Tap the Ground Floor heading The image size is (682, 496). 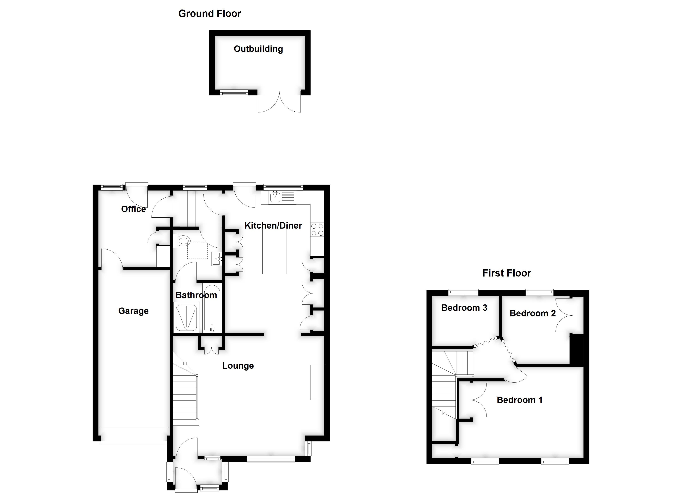point(210,13)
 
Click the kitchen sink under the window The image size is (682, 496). point(275,198)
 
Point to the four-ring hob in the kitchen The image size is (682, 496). point(317,229)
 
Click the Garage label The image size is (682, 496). point(133,311)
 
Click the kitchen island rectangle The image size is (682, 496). point(274,251)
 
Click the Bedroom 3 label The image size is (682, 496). point(464,308)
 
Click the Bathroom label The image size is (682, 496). point(196,295)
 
